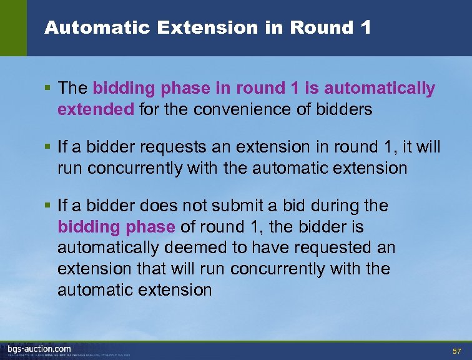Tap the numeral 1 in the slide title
click(366, 27)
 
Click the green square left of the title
click(13, 28)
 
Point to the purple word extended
click(96, 110)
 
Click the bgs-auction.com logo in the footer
click(39, 349)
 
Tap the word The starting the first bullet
click(72, 89)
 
